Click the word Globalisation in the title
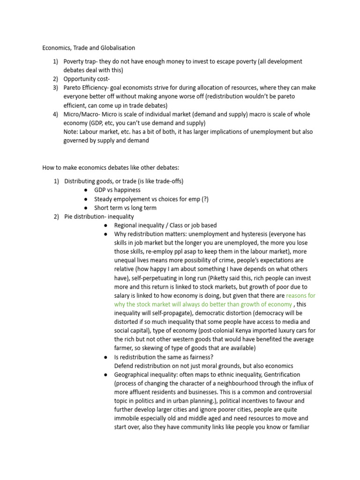click(x=116, y=47)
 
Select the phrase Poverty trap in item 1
click(x=80, y=61)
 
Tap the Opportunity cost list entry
click(x=87, y=79)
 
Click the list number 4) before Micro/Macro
click(x=56, y=114)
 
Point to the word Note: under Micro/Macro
click(x=71, y=132)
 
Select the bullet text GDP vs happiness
click(x=117, y=190)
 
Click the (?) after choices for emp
click(x=205, y=199)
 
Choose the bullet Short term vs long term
click(x=125, y=208)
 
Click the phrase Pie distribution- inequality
click(x=99, y=216)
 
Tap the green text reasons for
click(x=300, y=296)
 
